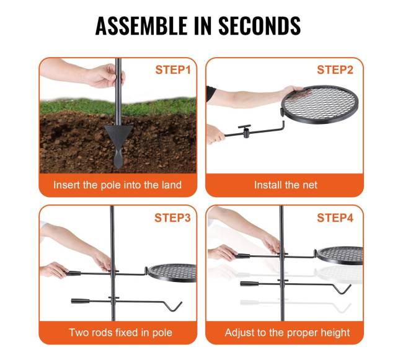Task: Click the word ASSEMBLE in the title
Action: click(141, 25)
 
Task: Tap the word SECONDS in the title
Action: click(260, 25)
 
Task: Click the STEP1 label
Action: click(173, 70)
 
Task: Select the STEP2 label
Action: click(335, 70)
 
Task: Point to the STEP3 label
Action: click(172, 217)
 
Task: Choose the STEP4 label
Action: click(335, 217)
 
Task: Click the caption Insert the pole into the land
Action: click(117, 185)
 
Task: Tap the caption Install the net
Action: click(286, 185)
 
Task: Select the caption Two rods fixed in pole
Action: click(120, 333)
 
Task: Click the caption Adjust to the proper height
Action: click(287, 333)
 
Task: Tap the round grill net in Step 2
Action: click(319, 105)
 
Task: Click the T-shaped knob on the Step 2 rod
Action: click(245, 130)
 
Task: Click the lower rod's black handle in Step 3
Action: click(80, 301)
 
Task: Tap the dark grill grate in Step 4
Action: click(340, 255)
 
